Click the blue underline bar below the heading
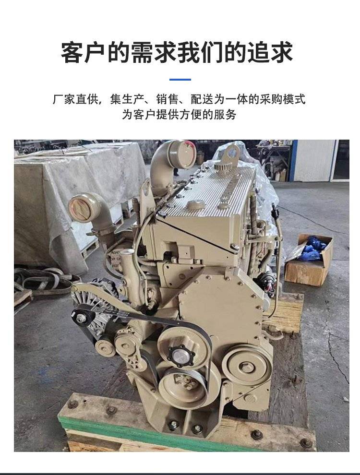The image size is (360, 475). pos(180,80)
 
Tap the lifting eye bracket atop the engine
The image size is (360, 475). pos(229,156)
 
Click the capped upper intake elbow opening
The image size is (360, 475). pos(181,154)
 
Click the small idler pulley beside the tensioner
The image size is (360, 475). pos(105,348)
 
